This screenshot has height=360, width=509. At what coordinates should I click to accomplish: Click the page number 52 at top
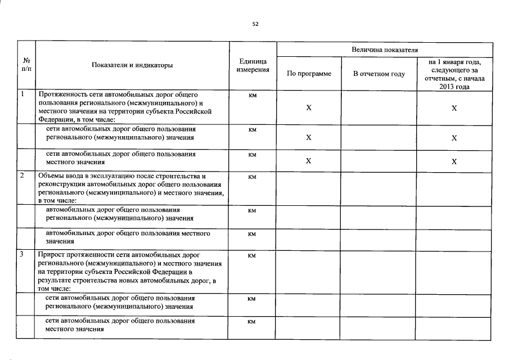pos(255,24)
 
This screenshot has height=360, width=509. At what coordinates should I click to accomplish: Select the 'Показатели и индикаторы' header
pos(132,65)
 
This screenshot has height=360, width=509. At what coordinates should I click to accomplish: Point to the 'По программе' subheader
pos(309,74)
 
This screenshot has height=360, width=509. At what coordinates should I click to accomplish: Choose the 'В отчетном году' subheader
pos(379,74)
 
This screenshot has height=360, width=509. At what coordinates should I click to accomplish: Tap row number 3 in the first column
pos(21,255)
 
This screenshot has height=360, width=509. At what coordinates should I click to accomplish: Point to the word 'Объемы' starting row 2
pos(50,177)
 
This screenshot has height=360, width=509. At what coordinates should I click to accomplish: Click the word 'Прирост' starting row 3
pos(51,255)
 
